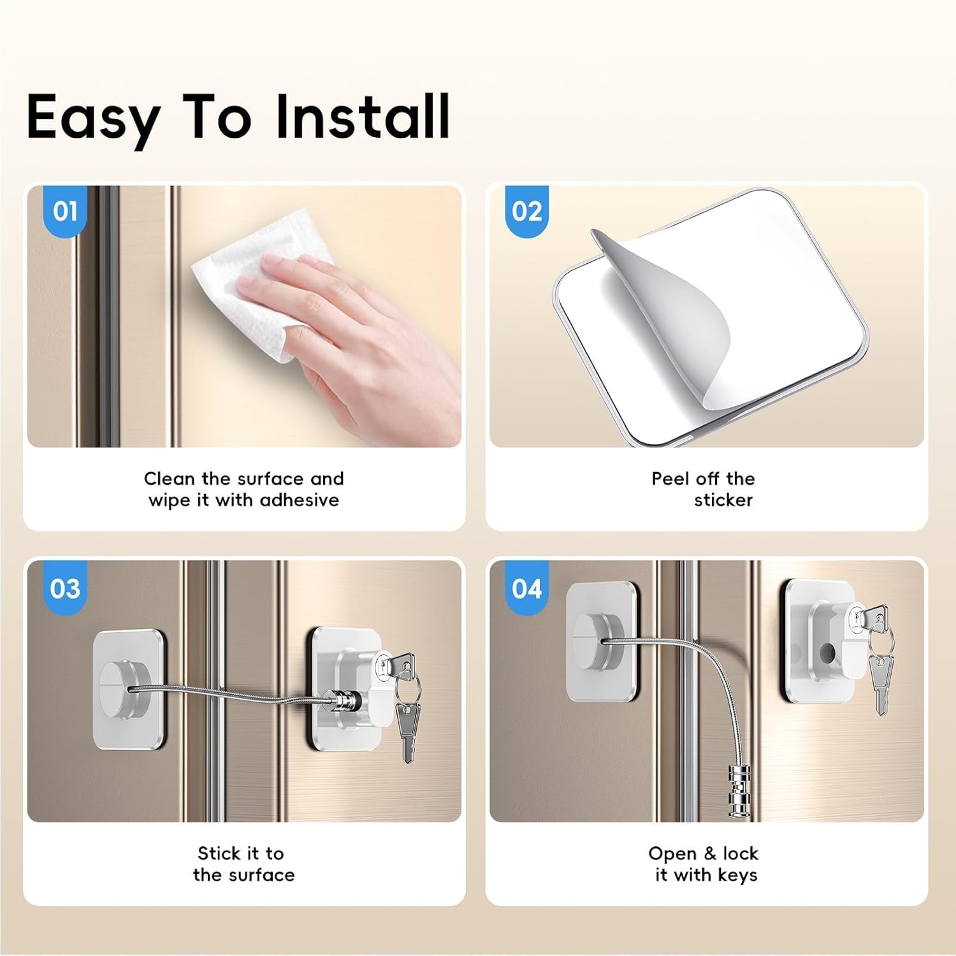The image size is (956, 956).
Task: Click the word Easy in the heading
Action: coord(93,118)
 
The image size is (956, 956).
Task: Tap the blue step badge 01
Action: coord(65,211)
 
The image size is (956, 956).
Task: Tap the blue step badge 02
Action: coord(527,211)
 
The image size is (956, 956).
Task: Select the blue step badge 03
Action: coord(65,588)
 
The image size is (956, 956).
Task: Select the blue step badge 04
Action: coord(527,588)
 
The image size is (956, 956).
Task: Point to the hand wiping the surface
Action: coord(357,331)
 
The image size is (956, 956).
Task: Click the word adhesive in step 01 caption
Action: coord(300,500)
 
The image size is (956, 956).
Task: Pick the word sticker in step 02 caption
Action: coord(723,500)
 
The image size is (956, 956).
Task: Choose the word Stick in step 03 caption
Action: coord(217,853)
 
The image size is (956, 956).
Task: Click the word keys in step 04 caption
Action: coord(737,875)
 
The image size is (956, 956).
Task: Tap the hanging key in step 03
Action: coord(407,730)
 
